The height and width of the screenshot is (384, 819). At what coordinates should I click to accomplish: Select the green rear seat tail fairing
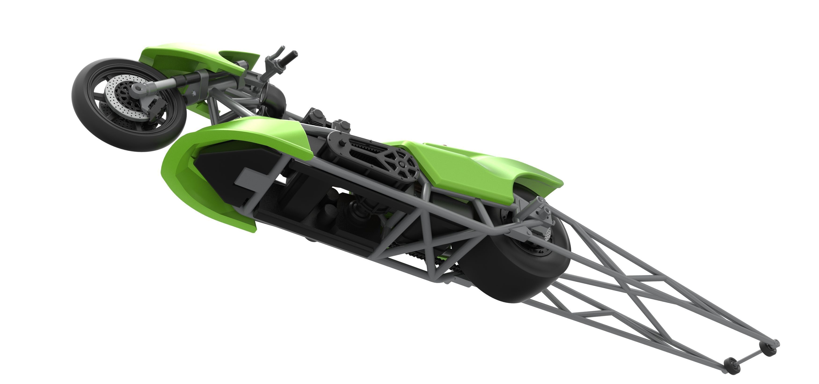pos(470,165)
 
